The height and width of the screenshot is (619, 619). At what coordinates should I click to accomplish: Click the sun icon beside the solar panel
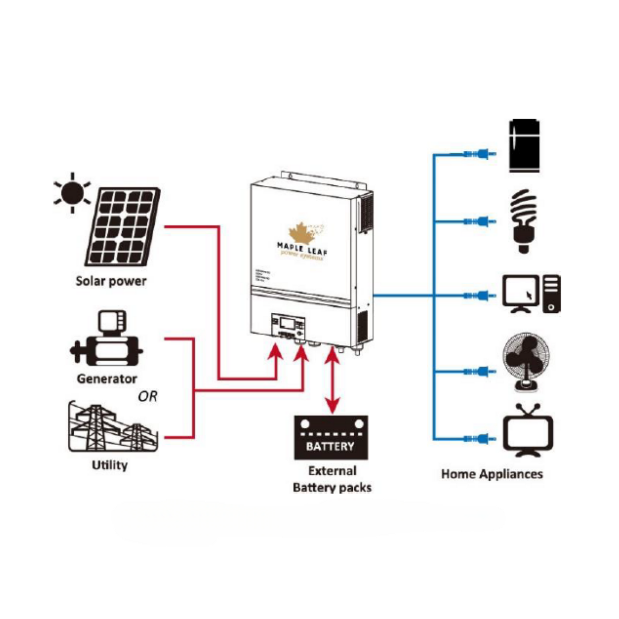pos(73,193)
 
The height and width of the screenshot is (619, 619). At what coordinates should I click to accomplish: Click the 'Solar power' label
pos(111,281)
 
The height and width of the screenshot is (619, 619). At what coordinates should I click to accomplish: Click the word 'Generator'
pos(107,379)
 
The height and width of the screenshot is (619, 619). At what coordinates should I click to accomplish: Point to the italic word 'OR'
pos(148,397)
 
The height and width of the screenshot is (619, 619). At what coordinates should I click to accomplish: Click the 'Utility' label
pos(109,465)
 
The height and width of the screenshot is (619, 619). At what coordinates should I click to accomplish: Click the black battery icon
pos(331,438)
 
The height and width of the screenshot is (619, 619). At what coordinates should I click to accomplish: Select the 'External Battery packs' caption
pos(332,479)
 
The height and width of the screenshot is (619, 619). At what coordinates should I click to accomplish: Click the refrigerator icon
pos(524,146)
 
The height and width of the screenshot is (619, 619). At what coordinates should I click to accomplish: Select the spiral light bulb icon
pos(523,221)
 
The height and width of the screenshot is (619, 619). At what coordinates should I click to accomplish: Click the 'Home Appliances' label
pos(492,474)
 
